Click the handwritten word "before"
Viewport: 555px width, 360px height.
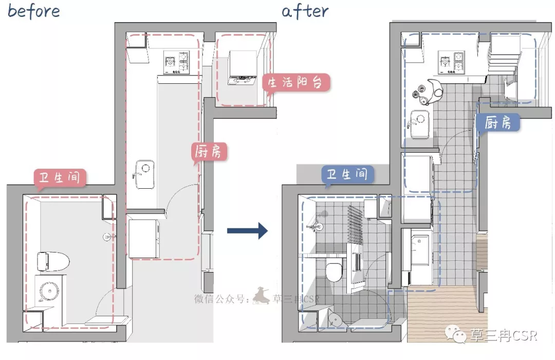click(33, 11)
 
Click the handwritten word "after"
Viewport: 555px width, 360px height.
click(305, 11)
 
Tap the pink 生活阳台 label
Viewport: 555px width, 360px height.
click(296, 83)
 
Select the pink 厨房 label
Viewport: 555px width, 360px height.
click(209, 152)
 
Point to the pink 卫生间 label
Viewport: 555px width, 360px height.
click(60, 177)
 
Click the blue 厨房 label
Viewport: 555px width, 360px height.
click(498, 123)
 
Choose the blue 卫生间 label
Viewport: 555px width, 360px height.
click(347, 174)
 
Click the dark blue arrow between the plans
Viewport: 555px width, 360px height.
click(247, 231)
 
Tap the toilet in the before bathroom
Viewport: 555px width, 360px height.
click(53, 261)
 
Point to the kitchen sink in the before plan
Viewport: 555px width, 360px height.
click(145, 175)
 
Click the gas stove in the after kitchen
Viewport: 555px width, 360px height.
click(451, 62)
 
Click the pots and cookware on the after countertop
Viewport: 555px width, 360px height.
click(428, 93)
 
